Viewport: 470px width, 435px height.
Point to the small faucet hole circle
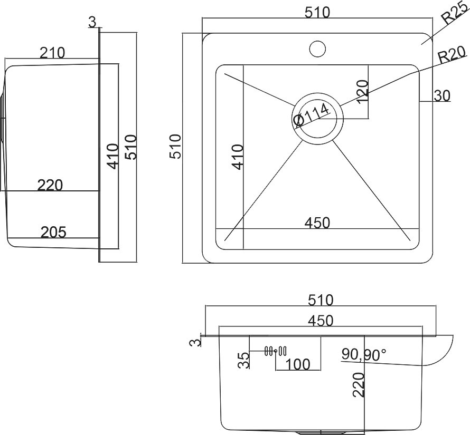coord(317,48)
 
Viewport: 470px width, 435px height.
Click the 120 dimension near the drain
coord(361,92)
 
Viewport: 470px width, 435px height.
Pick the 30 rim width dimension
coord(441,96)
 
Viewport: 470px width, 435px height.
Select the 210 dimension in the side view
coord(52,53)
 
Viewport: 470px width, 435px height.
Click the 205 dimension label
coord(53,232)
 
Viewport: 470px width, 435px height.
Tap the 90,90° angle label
coord(364,354)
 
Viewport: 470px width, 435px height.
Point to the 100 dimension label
coord(298,364)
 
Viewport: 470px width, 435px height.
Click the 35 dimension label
coord(243,361)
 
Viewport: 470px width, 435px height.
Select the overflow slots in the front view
coord(275,351)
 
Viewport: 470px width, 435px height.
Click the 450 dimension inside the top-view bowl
coord(317,223)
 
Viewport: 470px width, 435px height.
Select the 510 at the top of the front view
coord(321,301)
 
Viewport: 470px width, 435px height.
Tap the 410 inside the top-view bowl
coord(237,157)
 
